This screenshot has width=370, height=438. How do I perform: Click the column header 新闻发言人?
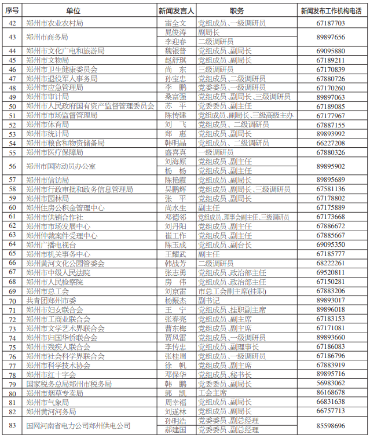176,10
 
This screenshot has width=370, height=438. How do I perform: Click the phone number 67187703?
331,23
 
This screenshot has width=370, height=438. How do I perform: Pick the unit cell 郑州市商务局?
52,37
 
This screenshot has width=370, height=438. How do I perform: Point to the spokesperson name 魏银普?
175,51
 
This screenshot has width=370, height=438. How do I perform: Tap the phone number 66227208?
331,143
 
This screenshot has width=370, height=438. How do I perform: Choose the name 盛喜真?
175,152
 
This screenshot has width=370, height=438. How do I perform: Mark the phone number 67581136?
331,189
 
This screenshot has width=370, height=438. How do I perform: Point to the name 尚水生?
175,207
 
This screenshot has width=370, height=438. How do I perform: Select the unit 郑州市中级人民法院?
58,272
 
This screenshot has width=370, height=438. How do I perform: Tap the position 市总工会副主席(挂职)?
232,291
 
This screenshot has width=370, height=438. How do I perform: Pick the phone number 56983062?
331,383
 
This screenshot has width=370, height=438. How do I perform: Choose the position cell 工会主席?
213,392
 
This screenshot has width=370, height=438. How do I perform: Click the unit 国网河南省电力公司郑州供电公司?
78,425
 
